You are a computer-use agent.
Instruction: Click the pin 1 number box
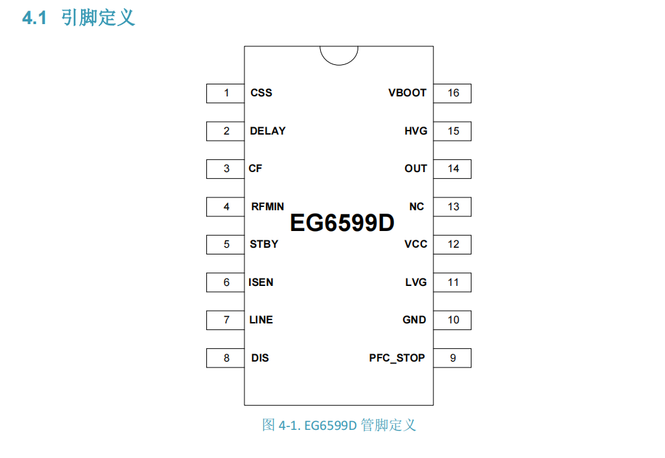coord(226,93)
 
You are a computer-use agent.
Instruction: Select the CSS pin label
coord(261,93)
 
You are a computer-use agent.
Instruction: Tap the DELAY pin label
coord(267,131)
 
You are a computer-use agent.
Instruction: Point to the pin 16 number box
coord(453,93)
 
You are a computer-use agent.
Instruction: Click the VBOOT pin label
coord(407,93)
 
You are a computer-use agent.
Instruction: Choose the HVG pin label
coord(415,131)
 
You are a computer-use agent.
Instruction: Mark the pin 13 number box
coord(453,207)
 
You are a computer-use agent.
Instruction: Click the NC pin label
coord(417,207)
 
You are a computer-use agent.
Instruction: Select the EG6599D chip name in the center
coord(342,224)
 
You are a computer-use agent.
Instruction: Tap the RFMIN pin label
coord(267,207)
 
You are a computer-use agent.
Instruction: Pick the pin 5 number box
coord(226,244)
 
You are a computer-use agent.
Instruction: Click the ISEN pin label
coord(261,283)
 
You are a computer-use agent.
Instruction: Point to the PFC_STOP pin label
coord(396,358)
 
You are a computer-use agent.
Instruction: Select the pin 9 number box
coord(453,358)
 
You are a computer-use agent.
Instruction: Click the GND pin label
coord(414,320)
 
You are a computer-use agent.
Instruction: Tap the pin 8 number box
coord(226,358)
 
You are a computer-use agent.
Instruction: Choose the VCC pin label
coord(415,244)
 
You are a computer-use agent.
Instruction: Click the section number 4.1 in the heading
coord(35,18)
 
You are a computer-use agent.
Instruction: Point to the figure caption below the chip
coord(339,425)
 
